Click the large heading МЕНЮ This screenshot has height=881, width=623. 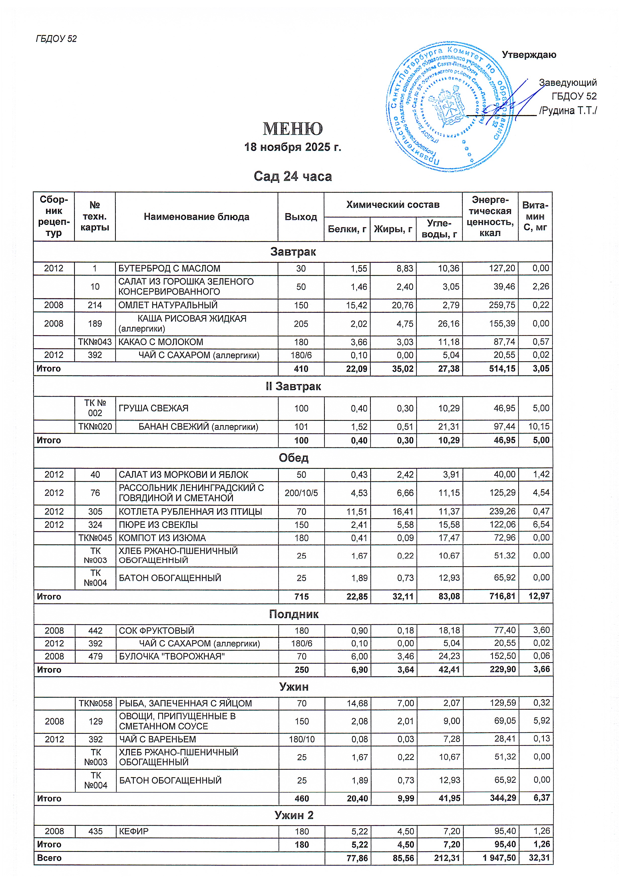293,129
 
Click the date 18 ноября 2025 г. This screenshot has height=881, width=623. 293,147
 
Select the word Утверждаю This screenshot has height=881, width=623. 529,55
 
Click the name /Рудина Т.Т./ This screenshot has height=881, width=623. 568,111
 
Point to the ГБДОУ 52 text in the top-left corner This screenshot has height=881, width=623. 56,39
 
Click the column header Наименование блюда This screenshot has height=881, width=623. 196,217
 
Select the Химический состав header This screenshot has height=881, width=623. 393,204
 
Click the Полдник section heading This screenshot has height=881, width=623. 293,614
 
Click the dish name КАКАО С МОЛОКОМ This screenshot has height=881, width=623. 161,342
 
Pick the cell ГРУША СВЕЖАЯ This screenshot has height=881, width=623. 153,408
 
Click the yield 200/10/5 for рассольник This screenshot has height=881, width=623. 301,493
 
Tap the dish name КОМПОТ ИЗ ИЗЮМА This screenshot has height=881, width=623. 162,538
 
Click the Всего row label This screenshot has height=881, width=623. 49,858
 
